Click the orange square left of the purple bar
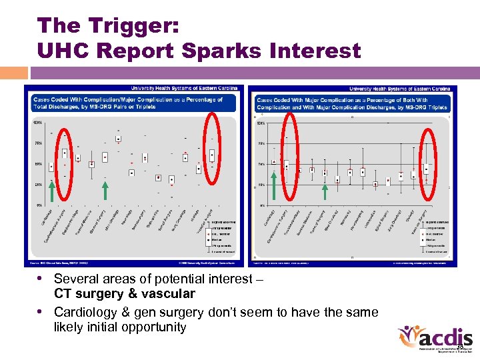click(14, 73)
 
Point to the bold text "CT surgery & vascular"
click(125, 294)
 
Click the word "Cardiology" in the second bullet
click(85, 312)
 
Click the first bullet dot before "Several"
click(41, 279)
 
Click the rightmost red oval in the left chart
click(212, 148)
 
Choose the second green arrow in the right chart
click(325, 192)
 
